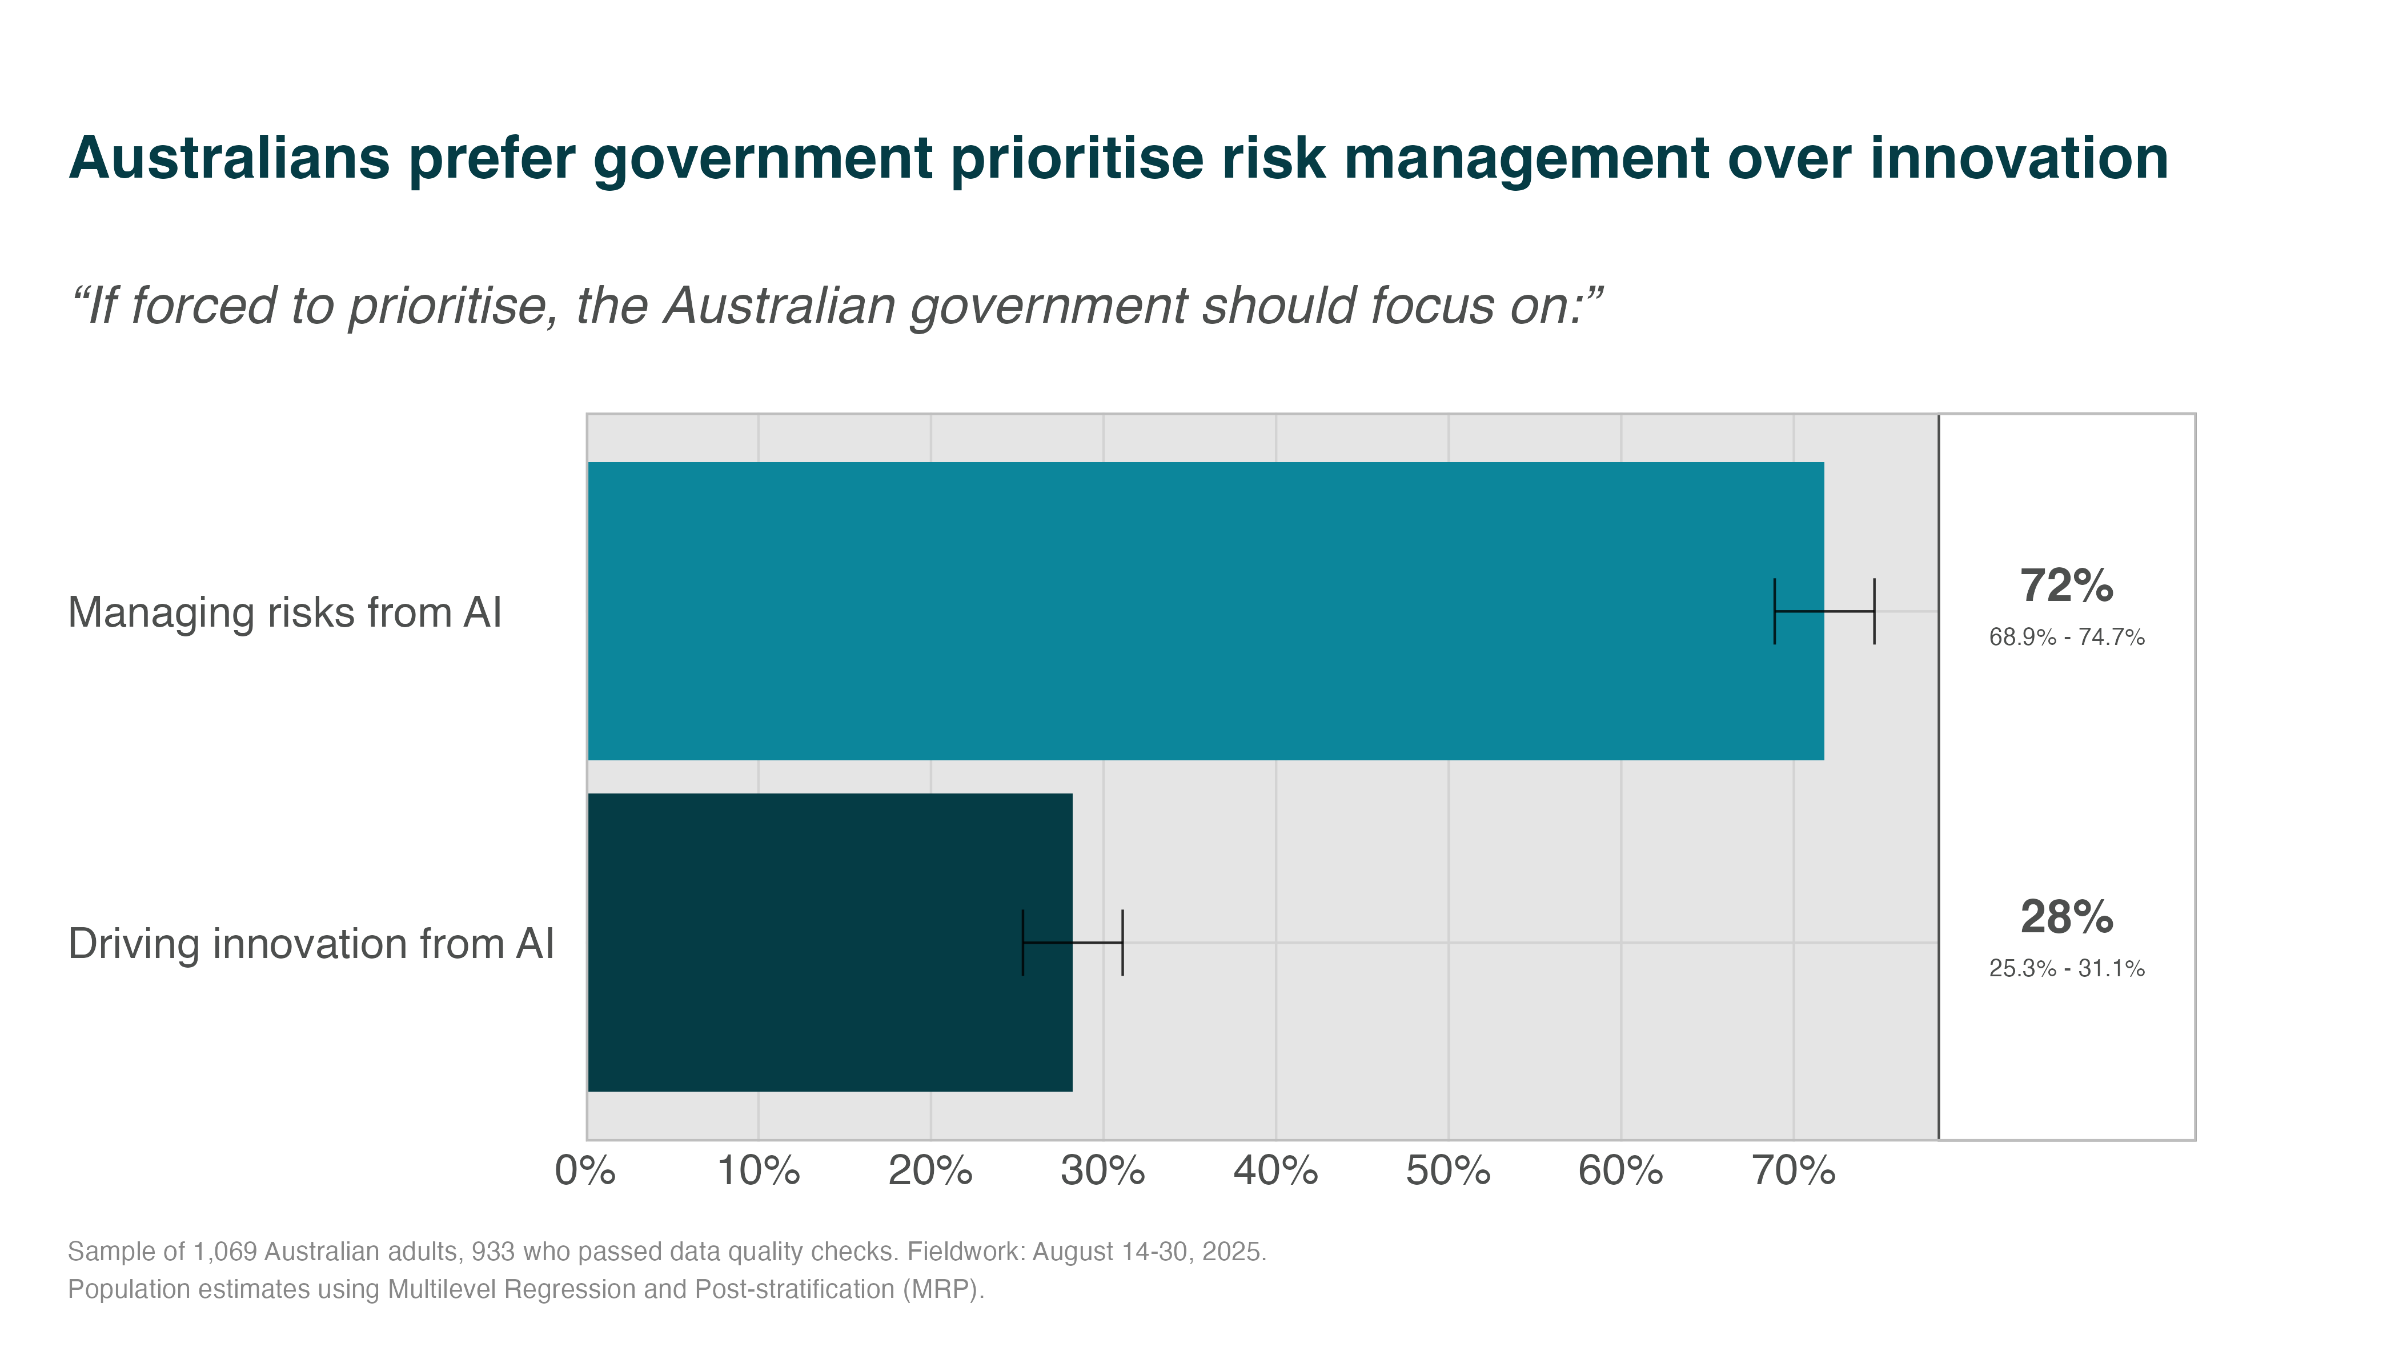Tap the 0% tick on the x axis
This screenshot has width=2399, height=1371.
585,1172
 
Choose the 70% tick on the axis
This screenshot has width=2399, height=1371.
1794,1172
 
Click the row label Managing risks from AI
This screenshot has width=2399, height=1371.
284,613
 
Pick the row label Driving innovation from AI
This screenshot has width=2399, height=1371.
311,944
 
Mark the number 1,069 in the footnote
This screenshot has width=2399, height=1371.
224,1252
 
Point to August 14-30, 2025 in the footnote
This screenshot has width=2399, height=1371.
1149,1252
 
